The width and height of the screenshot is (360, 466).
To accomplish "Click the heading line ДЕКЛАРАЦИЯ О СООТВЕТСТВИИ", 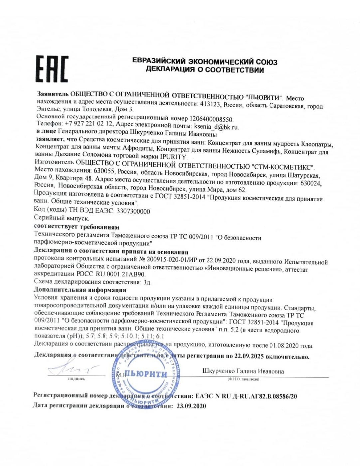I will (x=205, y=70).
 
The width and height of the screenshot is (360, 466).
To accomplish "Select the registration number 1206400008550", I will (x=211, y=119).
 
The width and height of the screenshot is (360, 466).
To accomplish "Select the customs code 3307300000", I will (x=132, y=211).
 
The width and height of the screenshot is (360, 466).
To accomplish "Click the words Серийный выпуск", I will (x=62, y=218).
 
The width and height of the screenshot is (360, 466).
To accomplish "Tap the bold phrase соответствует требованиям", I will (x=77, y=227).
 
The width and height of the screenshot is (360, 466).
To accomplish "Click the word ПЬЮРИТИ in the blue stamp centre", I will (x=146, y=374).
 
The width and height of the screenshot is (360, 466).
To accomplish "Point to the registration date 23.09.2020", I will (x=191, y=406).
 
